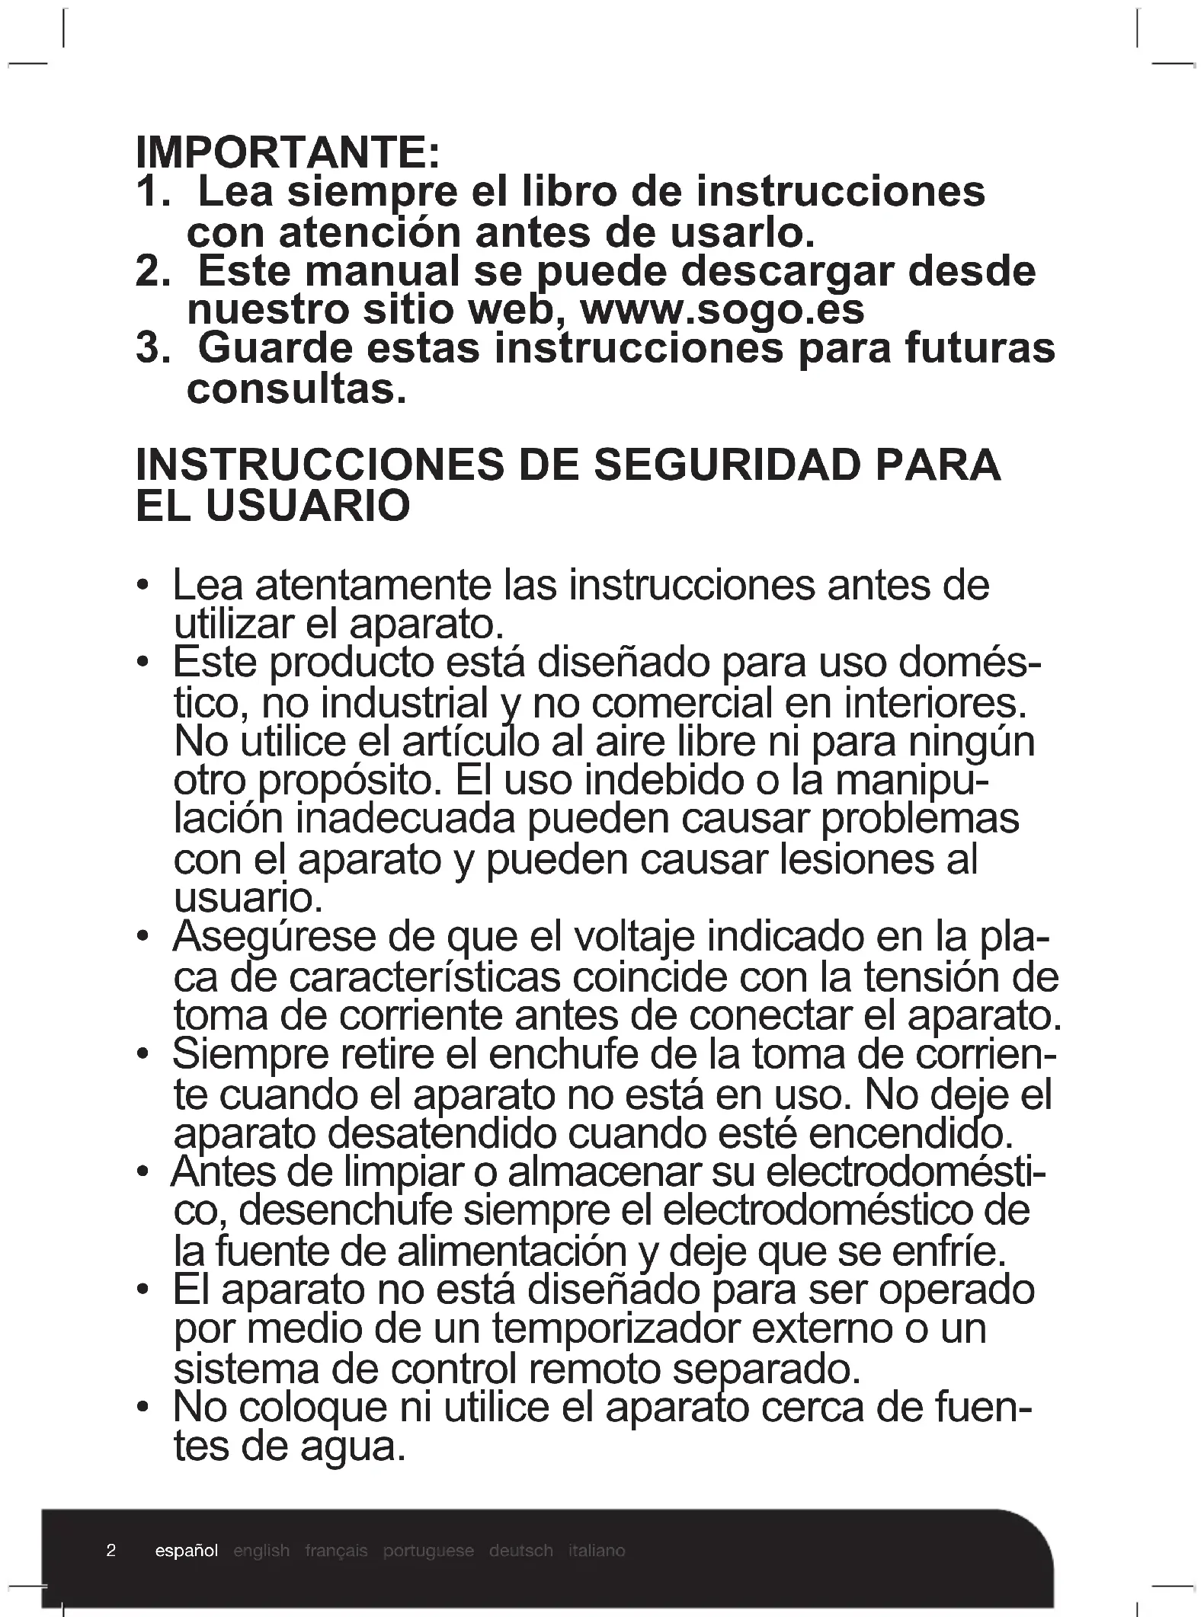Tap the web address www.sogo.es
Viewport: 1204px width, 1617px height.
click(722, 310)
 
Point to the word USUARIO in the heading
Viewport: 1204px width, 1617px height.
click(309, 506)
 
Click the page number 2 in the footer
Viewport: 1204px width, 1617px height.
click(111, 1550)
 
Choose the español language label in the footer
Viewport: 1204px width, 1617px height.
click(186, 1551)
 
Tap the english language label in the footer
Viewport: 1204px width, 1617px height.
click(261, 1551)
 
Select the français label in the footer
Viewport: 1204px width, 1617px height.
click(336, 1551)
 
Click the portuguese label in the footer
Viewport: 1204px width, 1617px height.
click(428, 1551)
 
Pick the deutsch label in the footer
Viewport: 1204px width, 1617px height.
click(521, 1551)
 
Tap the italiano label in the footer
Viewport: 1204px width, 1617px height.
click(597, 1551)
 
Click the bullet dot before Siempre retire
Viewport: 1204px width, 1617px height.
click(142, 1055)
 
